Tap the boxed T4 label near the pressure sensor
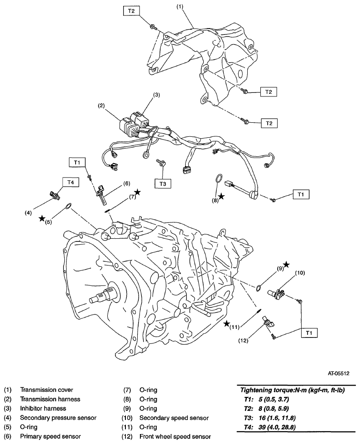pyautogui.click(x=69, y=182)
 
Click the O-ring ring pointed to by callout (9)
pyautogui.click(x=258, y=287)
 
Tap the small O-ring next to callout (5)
pyautogui.click(x=67, y=207)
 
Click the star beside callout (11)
pyautogui.click(x=226, y=323)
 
